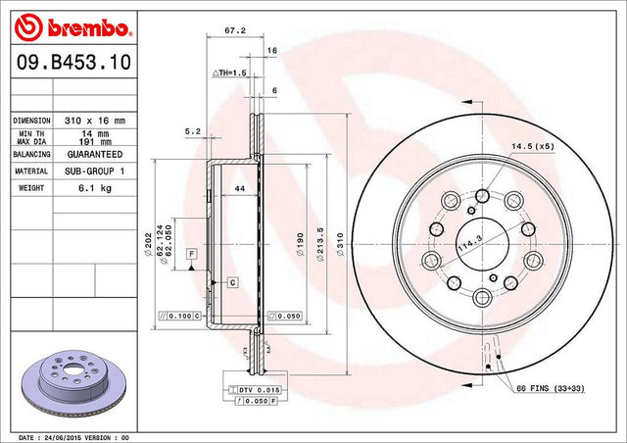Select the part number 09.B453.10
(x=73, y=62)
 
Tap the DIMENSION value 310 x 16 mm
(x=95, y=121)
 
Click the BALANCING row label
(x=31, y=154)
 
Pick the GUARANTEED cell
(x=95, y=154)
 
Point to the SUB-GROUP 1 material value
(x=95, y=172)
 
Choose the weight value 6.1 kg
(x=95, y=188)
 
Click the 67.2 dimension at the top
(x=235, y=30)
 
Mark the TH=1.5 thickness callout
(x=229, y=73)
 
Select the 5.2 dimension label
(x=193, y=131)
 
